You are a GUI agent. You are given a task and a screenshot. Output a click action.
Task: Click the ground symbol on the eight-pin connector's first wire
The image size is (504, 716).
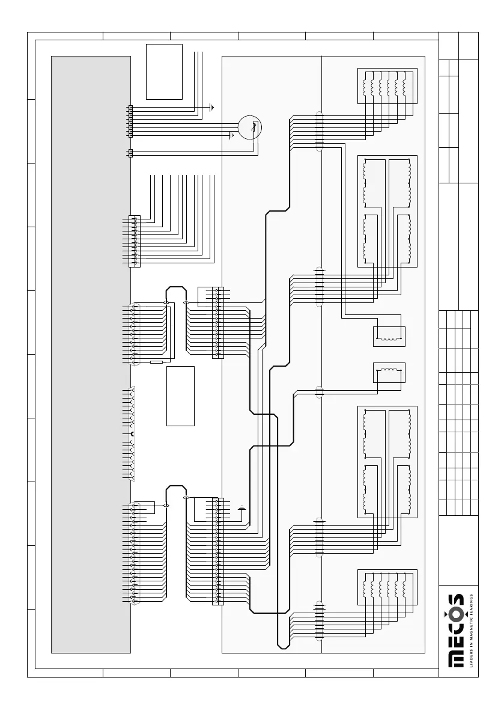pos(211,108)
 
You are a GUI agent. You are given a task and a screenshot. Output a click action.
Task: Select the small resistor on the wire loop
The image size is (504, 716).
pos(156,363)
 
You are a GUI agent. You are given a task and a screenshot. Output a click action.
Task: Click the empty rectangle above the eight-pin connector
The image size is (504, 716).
pos(164,71)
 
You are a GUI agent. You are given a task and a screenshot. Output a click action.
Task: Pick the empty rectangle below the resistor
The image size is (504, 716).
pos(180,396)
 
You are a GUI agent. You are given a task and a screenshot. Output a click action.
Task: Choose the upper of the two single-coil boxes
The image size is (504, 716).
pos(390,337)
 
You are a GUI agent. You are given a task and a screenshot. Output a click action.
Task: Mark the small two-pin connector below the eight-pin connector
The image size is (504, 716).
pos(130,153)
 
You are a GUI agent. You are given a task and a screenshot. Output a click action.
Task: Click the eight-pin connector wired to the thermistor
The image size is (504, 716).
pos(130,120)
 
